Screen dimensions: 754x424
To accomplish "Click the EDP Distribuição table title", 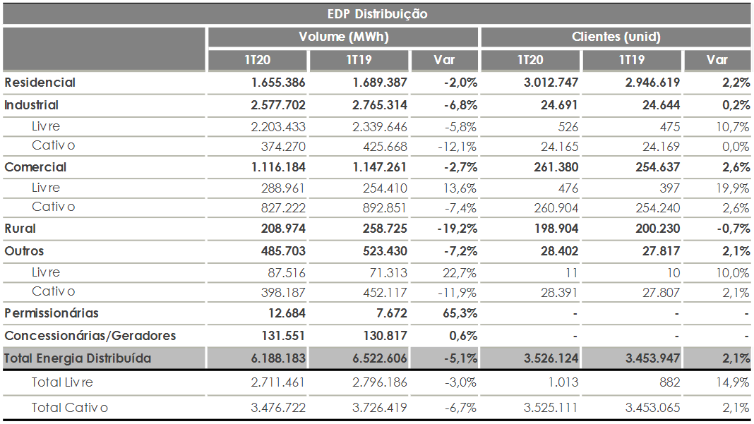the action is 377,14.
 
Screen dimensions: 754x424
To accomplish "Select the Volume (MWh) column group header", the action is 343,37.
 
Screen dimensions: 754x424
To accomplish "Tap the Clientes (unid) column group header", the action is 616,37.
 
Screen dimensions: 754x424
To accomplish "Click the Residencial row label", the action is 40,83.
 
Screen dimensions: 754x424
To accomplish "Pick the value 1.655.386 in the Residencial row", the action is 278,83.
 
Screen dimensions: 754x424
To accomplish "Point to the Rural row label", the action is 20,229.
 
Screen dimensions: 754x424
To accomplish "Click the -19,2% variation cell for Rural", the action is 457,229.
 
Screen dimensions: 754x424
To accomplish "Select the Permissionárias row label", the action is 52,313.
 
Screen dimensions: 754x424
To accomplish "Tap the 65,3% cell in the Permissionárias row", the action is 460,313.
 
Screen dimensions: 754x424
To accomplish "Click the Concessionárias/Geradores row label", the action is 90,336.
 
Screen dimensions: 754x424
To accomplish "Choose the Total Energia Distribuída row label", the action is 78,358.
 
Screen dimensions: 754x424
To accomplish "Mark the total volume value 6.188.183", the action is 278,358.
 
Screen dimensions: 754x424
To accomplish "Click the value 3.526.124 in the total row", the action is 551,358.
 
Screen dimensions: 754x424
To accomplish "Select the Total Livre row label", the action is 62,382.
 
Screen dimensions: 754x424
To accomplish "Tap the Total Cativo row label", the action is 70,408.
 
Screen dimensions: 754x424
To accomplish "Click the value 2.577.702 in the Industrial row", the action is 278,105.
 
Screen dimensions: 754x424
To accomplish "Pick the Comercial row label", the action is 35,167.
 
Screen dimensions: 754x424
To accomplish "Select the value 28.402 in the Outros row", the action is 559,251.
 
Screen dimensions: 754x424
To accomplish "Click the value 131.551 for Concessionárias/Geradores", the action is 283,336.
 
